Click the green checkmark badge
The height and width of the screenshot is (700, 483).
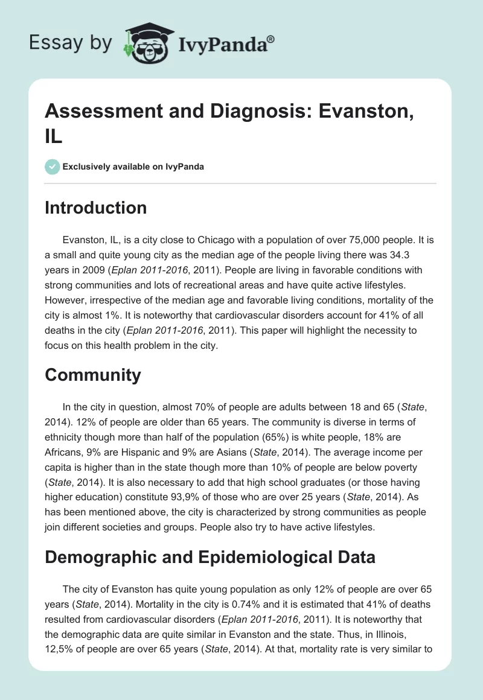click(53, 167)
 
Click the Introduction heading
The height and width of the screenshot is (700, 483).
click(96, 208)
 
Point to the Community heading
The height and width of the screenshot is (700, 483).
click(93, 375)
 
